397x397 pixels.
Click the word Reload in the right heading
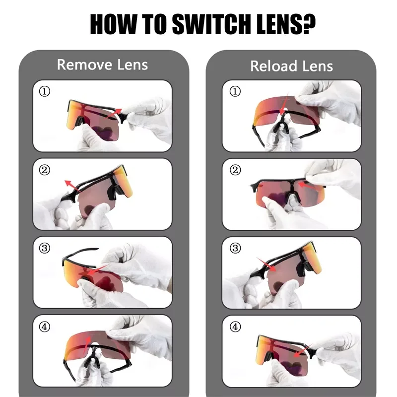274,66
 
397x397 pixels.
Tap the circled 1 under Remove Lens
44,91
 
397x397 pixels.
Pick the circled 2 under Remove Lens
44,170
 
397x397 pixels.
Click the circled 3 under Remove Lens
44,248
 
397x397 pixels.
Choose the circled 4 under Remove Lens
44,327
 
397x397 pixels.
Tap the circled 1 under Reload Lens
235,91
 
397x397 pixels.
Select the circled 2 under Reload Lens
235,170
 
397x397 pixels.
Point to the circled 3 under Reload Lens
235,248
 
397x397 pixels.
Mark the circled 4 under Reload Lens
235,327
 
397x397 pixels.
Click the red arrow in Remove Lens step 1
114,114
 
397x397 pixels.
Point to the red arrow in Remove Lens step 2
72,187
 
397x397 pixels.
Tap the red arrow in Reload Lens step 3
266,265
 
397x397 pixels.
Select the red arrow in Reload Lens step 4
302,350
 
